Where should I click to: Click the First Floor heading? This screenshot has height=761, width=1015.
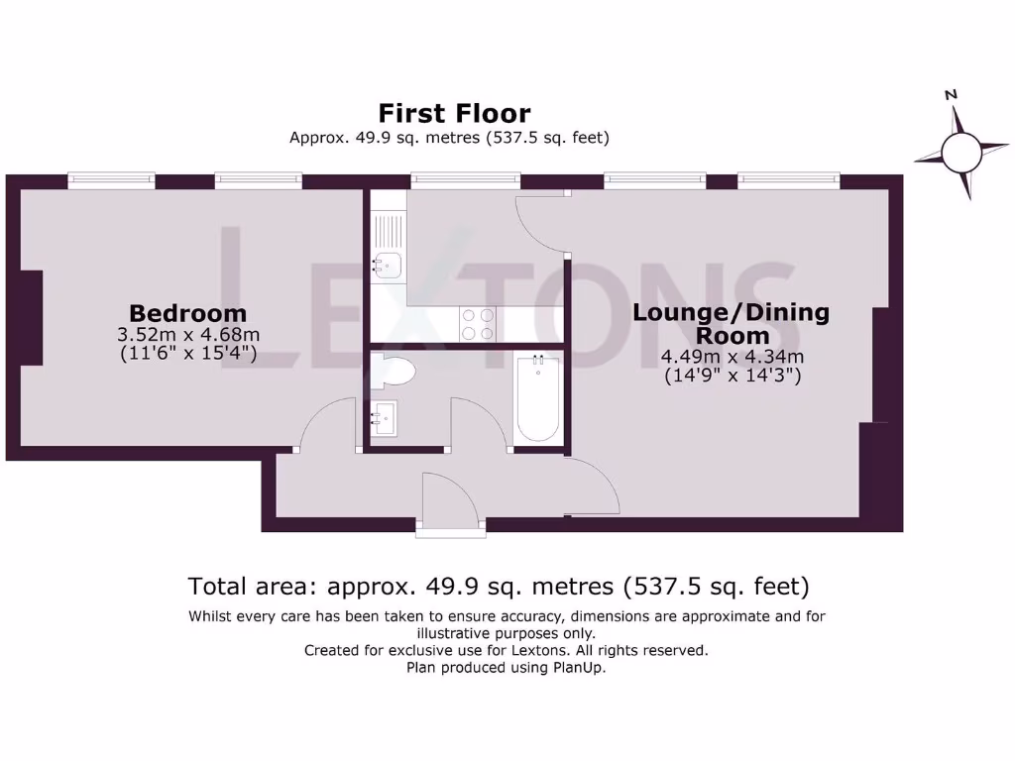pos(454,113)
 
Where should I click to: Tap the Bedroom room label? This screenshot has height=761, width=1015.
pos(187,314)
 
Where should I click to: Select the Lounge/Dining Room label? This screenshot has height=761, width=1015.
pos(732,324)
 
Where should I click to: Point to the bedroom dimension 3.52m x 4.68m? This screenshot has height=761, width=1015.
pos(187,335)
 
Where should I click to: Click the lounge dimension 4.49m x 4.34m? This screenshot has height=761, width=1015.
pos(732,358)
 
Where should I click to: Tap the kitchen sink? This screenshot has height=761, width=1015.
pos(386,264)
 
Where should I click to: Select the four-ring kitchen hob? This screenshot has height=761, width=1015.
pos(478,324)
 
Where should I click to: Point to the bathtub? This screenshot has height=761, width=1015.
pos(538,398)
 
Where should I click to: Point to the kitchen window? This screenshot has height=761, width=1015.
pos(451,180)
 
